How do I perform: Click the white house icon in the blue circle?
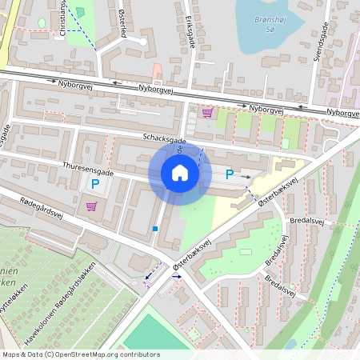pos(180,174)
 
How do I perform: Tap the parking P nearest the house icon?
pos(230,174)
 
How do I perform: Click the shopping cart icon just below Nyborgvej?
pos(208,113)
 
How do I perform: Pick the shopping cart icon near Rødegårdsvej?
pos(90,206)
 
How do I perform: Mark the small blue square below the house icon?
pos(155,229)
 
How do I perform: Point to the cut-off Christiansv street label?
pos(63,18)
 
